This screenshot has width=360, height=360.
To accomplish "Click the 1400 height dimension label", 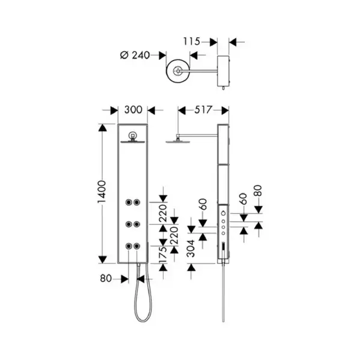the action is (102, 191).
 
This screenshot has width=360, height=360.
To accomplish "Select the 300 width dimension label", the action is (133, 110).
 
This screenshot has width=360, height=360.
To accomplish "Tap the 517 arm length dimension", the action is (203, 110).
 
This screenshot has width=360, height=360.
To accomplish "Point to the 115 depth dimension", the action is (191, 41).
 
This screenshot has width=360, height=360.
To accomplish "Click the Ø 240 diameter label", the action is (135, 55).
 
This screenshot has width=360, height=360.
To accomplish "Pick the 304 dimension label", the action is (191, 248).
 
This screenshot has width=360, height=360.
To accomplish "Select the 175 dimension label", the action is (163, 256).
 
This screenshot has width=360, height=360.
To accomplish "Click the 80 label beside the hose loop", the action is (106, 278).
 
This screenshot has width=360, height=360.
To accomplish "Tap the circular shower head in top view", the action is (178, 71).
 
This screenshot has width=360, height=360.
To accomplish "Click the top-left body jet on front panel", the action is (128, 202).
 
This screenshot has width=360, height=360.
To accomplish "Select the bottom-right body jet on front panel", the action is (137, 247).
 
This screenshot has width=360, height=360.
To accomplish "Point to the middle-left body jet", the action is (128, 224).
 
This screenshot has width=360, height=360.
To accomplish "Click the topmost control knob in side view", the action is (223, 213).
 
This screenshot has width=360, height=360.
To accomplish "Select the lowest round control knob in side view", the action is (223, 233).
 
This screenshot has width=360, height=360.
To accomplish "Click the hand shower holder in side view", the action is (223, 250).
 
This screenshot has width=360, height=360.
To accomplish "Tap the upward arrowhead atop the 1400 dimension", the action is (103, 128).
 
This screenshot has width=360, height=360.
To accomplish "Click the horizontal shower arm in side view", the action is (198, 135).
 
